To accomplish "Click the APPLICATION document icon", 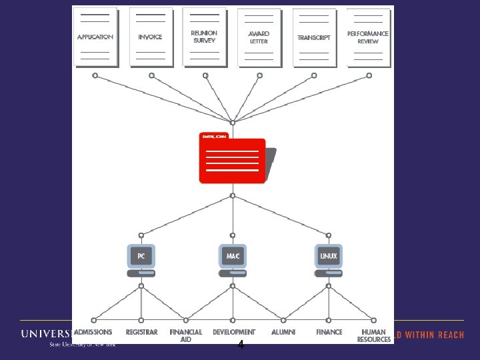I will [95, 37].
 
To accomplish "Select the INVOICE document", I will [151, 37].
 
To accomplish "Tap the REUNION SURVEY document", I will [204, 37].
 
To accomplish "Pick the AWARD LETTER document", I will [259, 37].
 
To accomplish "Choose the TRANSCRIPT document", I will [314, 37].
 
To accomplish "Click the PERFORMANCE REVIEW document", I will [368, 37].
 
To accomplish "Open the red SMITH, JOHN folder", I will [233, 160].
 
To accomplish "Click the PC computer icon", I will [141, 259].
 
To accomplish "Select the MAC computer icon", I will [233, 259].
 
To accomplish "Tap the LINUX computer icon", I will [328, 259].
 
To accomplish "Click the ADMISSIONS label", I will [93, 332].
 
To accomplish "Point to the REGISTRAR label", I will [141, 332].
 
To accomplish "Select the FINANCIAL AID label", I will [186, 335].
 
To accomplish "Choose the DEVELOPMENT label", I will [234, 332].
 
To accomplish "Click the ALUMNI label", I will [283, 332].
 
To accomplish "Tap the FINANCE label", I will [329, 332].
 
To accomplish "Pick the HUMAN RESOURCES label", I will [373, 335].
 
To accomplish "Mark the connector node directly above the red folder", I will [233, 123].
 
